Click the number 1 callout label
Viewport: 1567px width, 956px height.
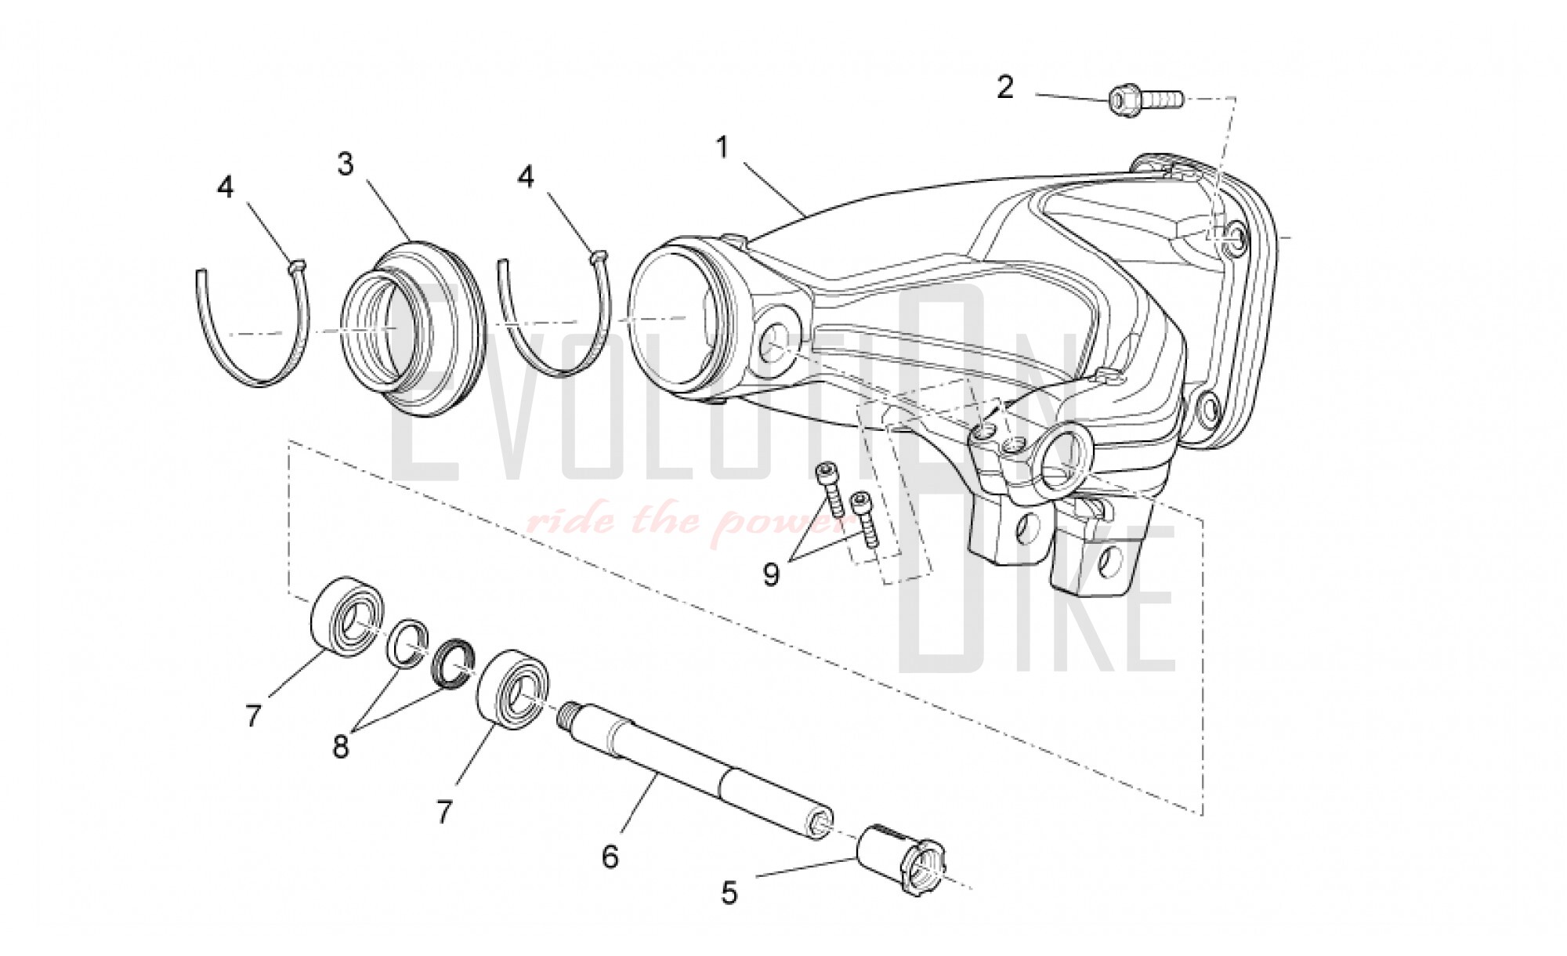[722, 148]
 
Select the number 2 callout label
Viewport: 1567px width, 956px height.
[1005, 87]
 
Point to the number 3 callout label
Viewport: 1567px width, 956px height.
[346, 165]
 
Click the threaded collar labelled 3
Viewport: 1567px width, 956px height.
[413, 328]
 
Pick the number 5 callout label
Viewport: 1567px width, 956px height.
[729, 893]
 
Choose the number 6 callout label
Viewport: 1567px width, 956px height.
[610, 856]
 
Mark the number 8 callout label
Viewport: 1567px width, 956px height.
[340, 747]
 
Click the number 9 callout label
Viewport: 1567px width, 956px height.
[772, 575]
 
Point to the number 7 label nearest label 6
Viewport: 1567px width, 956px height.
[444, 812]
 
